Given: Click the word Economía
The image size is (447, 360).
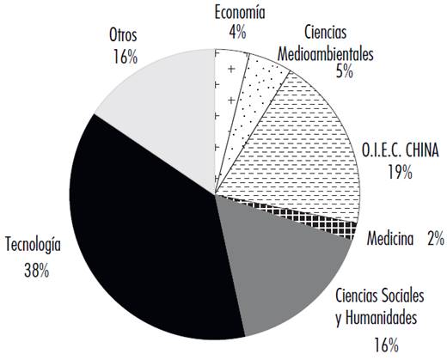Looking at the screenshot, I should click(239, 12).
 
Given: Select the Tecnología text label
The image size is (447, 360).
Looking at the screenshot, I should click(33, 244).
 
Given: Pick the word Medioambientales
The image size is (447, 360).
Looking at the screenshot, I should click(325, 53).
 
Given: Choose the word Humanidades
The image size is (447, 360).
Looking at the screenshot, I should click(377, 317).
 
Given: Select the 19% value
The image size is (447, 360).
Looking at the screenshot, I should click(400, 174).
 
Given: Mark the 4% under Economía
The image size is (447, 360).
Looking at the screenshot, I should click(238, 33).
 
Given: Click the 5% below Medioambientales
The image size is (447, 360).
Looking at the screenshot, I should click(346, 72).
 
